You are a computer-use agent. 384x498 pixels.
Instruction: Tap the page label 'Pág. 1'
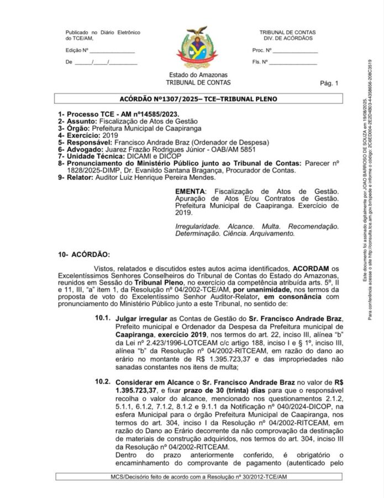pyautogui.click(x=329, y=84)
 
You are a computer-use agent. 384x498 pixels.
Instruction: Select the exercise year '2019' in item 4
pyautogui.click(x=111, y=134)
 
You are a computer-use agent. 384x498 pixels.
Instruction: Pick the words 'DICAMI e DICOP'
pyautogui.click(x=139, y=156)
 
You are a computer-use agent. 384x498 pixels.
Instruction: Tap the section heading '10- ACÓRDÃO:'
pyautogui.click(x=84, y=255)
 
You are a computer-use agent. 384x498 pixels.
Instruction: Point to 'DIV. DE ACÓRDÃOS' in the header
pyautogui.click(x=288, y=38)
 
